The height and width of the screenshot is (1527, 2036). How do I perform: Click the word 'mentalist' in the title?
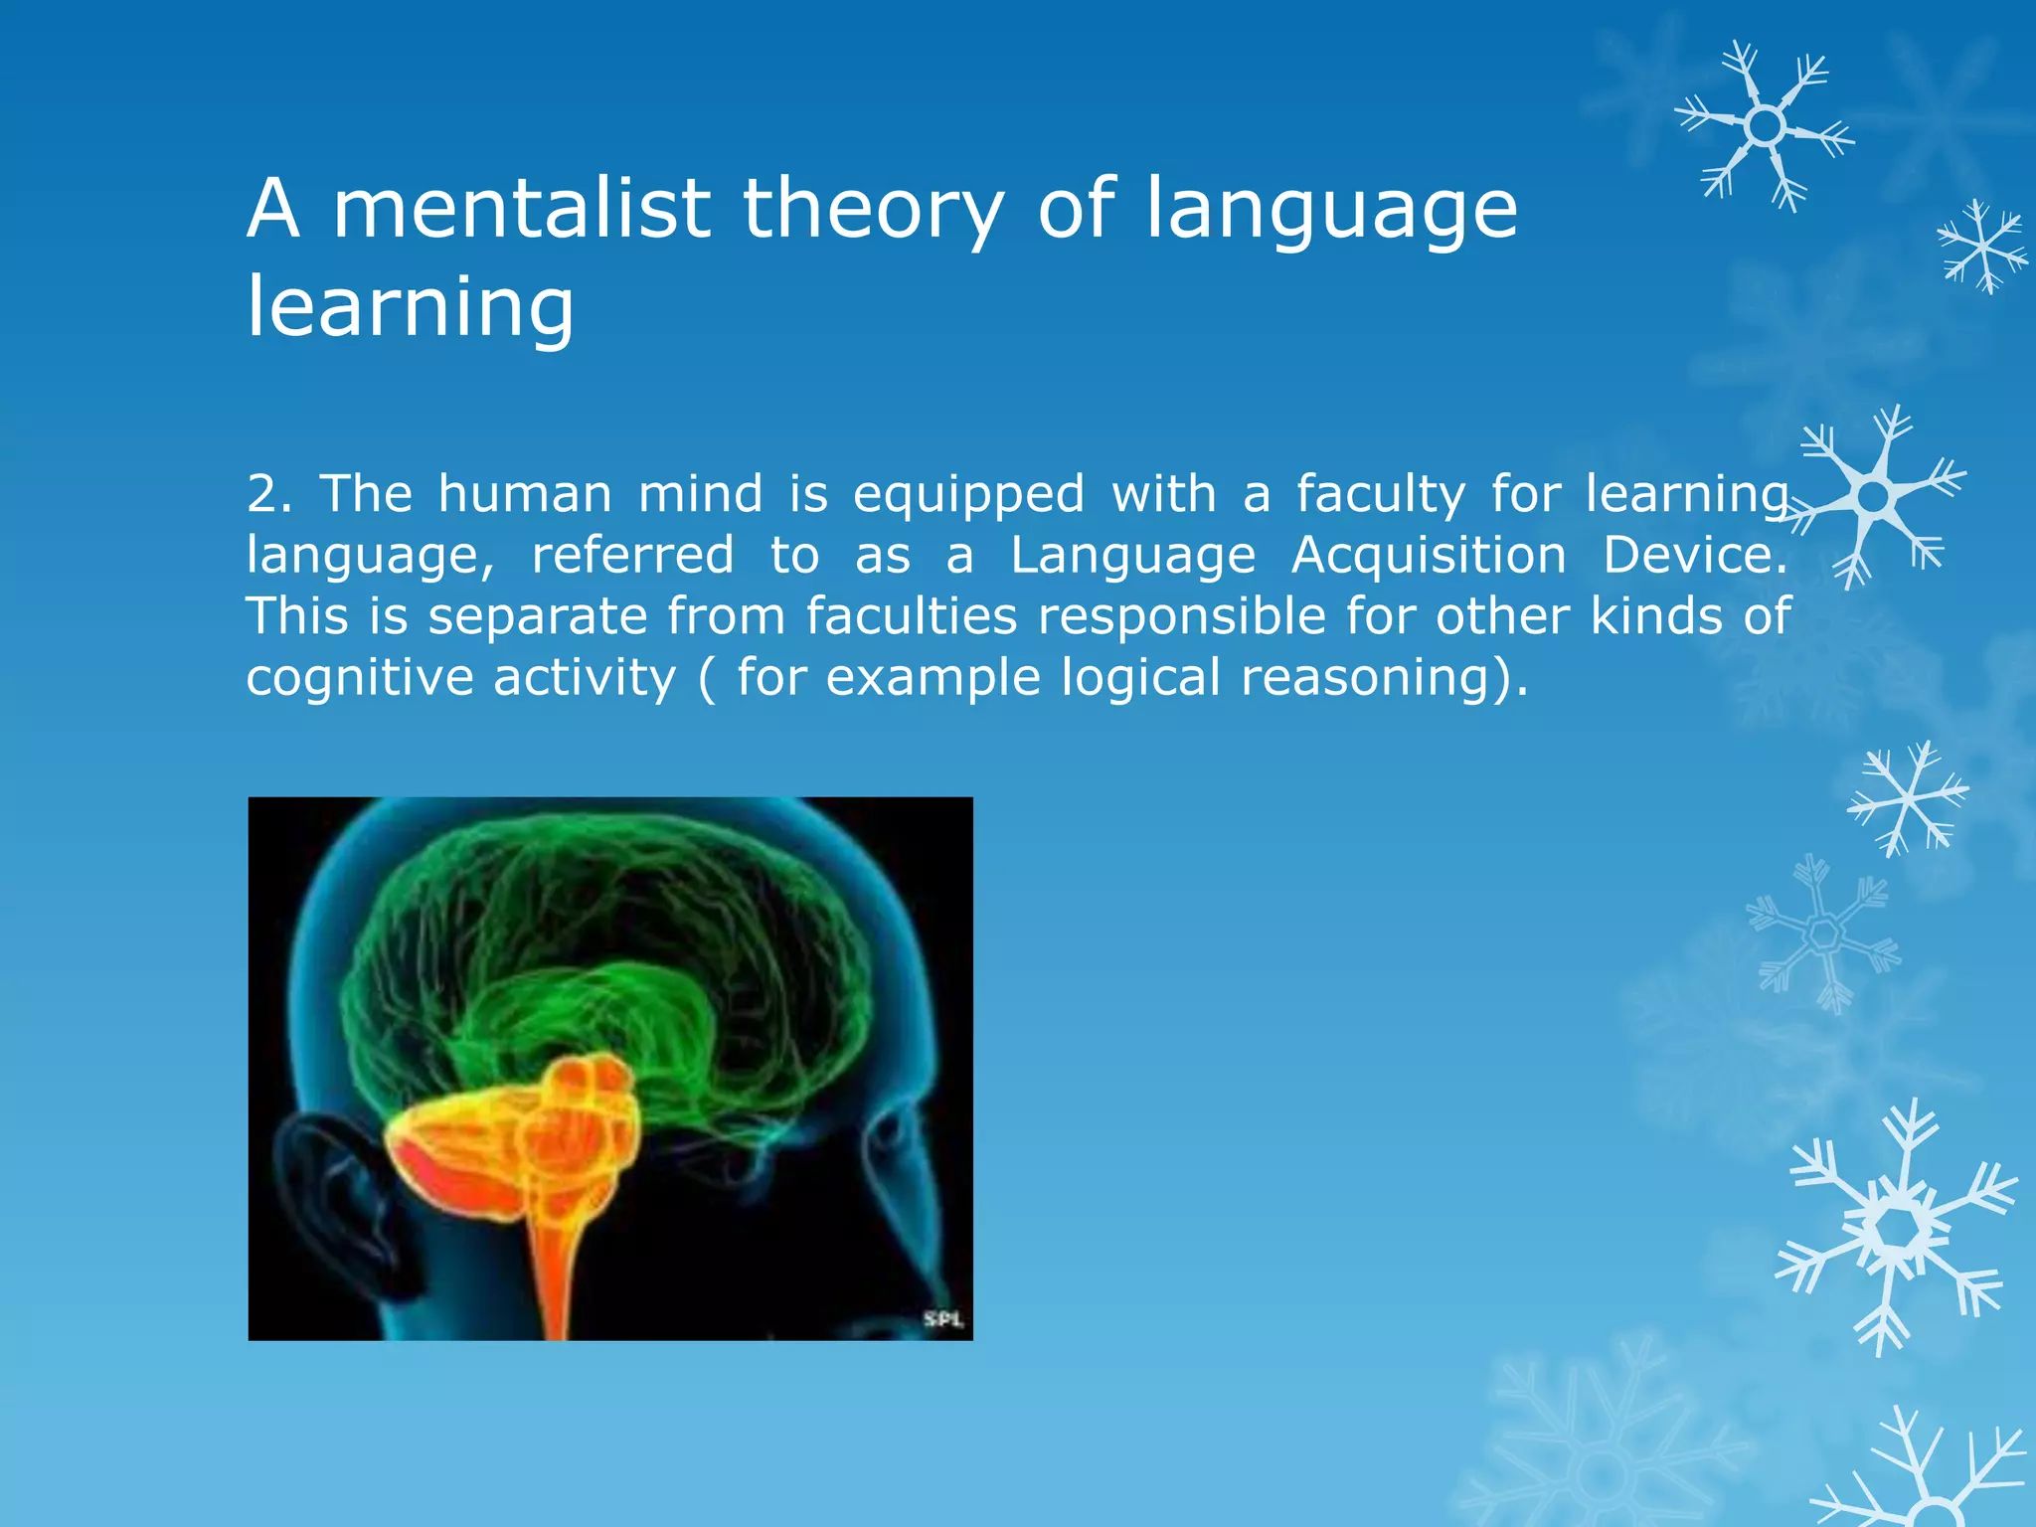(x=521, y=209)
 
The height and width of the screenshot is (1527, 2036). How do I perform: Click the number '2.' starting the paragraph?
(x=269, y=494)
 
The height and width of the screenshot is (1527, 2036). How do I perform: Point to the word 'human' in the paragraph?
(x=525, y=494)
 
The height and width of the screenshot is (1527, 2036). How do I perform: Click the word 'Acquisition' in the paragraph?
(x=1429, y=555)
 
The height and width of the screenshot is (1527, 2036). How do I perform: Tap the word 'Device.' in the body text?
(x=1695, y=555)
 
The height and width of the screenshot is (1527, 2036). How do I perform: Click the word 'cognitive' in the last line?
(x=360, y=679)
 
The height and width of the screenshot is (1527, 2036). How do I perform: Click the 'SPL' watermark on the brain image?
(x=942, y=1319)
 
